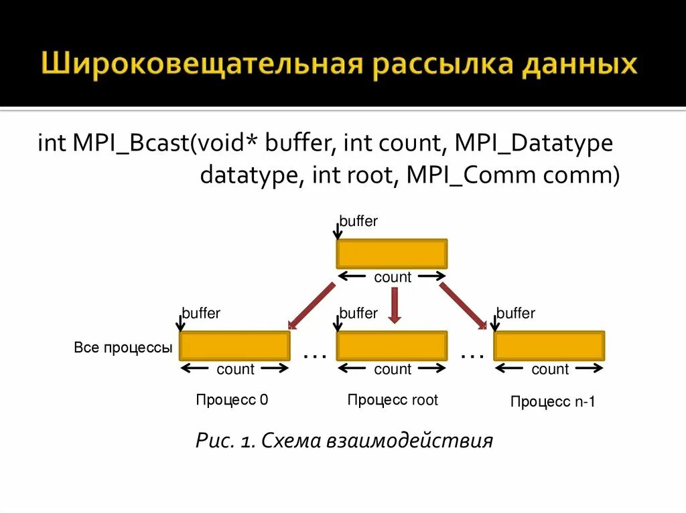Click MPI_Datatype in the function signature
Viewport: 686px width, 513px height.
533,144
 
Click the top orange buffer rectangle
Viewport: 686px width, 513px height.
392,254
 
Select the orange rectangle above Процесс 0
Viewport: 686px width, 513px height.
234,346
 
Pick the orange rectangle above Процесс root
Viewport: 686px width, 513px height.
392,346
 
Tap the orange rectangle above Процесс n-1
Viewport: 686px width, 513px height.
549,346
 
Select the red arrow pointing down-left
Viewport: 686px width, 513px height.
312,306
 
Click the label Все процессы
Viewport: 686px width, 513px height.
123,348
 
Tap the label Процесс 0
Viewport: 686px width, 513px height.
232,400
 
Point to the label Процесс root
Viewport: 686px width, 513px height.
393,400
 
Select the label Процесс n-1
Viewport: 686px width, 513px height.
553,402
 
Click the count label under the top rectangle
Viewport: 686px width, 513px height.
393,277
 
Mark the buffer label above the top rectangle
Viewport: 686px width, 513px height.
358,221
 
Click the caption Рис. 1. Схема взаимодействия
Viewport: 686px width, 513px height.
344,441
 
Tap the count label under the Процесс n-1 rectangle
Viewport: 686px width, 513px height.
550,369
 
